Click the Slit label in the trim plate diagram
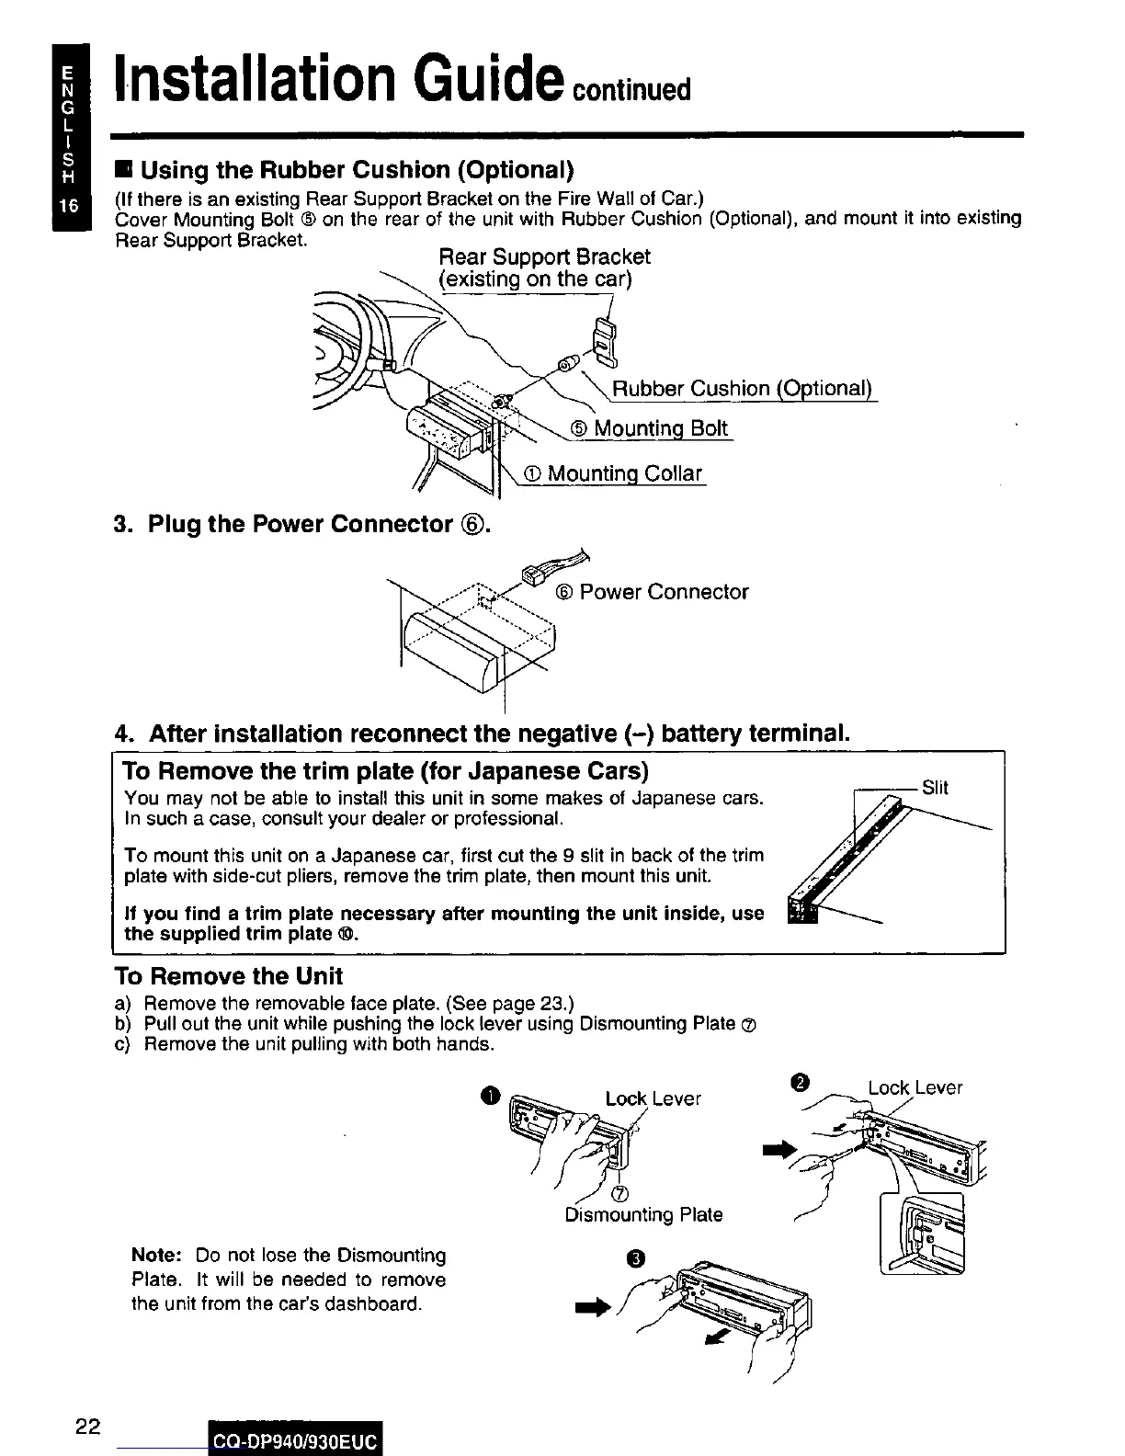(x=935, y=787)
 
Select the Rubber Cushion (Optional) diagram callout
(x=741, y=389)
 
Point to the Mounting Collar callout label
(x=613, y=473)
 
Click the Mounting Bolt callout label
(x=650, y=428)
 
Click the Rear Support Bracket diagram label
(x=544, y=267)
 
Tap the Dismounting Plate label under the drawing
(x=643, y=1215)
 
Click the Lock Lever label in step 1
(x=653, y=1098)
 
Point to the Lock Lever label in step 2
(x=915, y=1087)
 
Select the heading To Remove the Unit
(x=228, y=976)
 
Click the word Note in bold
(x=160, y=1256)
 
